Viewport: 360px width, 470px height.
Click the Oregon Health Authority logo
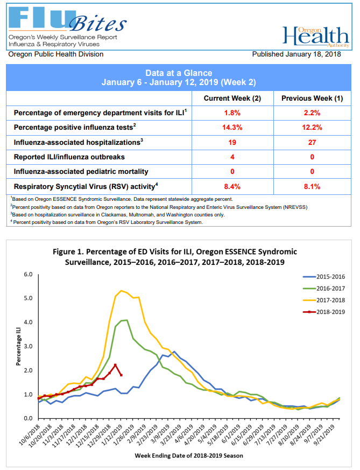pyautogui.click(x=316, y=37)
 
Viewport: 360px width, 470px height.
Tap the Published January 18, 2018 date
pyautogui.click(x=296, y=54)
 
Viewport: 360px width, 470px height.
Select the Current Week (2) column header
pyautogui.click(x=232, y=99)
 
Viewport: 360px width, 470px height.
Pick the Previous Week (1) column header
pyautogui.click(x=312, y=99)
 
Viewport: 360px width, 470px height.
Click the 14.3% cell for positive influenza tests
pyautogui.click(x=232, y=128)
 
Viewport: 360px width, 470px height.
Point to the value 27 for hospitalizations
pyautogui.click(x=312, y=142)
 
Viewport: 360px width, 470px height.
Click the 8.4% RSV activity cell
pyautogui.click(x=232, y=186)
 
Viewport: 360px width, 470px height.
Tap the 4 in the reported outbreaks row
pyautogui.click(x=232, y=157)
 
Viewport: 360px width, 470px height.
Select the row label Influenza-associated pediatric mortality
pyautogui.click(x=81, y=171)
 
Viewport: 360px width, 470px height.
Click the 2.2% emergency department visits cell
pyautogui.click(x=312, y=113)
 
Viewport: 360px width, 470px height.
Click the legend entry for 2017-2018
pyautogui.click(x=324, y=300)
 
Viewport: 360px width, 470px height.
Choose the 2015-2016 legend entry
pyautogui.click(x=324, y=277)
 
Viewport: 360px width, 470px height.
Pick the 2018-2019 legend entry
pyautogui.click(x=324, y=312)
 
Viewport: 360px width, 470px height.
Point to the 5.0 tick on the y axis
pyautogui.click(x=28, y=298)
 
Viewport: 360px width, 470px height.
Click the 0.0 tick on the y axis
pyautogui.click(x=28, y=418)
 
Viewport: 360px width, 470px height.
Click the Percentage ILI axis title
pyautogui.click(x=18, y=346)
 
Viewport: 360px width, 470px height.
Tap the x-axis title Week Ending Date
pyautogui.click(x=189, y=455)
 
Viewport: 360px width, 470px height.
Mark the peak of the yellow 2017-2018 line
pyautogui.click(x=121, y=291)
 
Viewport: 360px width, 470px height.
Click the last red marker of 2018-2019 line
pyautogui.click(x=121, y=375)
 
